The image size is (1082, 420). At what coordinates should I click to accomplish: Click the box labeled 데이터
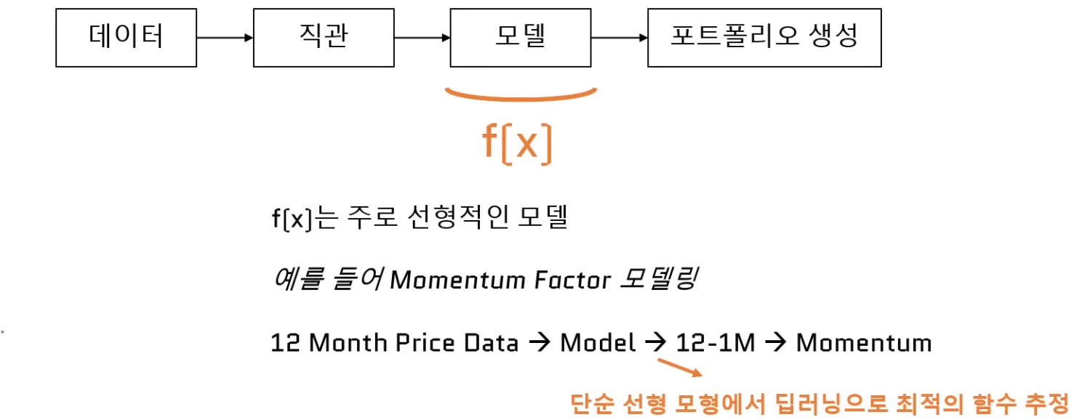[x=126, y=37]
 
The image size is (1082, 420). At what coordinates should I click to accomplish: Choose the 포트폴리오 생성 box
[x=764, y=37]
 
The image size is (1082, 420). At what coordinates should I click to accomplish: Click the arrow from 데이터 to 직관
[x=225, y=37]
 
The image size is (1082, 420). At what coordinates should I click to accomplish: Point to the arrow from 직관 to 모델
[x=422, y=37]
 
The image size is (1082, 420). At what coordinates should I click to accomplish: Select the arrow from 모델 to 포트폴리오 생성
[x=619, y=37]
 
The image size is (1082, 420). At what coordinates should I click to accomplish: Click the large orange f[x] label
[x=518, y=144]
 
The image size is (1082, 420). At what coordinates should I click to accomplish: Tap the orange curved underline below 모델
[x=520, y=96]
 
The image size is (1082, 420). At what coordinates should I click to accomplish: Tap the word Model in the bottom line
[x=597, y=342]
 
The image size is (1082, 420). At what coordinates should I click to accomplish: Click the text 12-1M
[x=716, y=342]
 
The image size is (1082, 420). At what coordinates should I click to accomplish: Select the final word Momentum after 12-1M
[x=864, y=342]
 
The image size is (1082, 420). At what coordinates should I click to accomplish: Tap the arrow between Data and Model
[x=540, y=342]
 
